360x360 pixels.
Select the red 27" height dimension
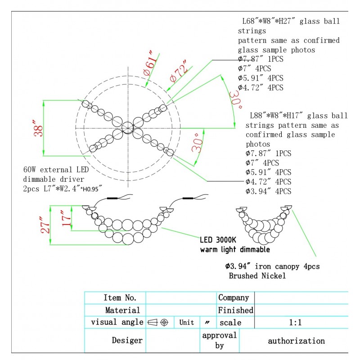44,225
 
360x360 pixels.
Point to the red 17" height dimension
66,218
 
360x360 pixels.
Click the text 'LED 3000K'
218,240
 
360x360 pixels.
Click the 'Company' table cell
234,298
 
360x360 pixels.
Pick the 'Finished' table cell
235,310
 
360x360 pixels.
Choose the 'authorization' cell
296,341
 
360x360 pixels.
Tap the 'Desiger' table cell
127,341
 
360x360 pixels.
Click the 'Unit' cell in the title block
186,323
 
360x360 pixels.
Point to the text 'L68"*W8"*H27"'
269,22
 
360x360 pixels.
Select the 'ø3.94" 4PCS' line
268,191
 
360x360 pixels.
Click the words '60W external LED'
56,170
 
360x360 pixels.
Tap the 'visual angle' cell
117,322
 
